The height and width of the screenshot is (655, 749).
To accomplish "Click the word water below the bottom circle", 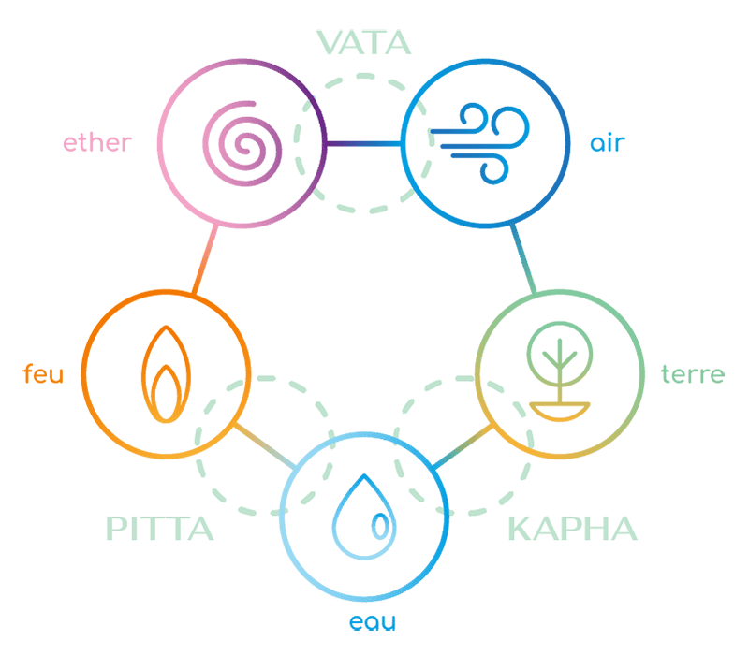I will pyautogui.click(x=374, y=620).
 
